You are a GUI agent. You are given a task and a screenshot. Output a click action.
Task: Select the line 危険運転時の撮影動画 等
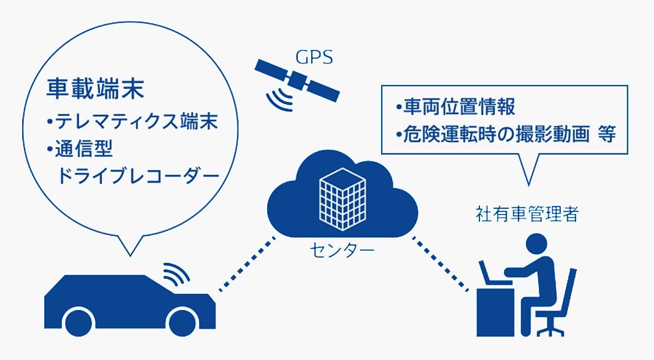[x=504, y=134]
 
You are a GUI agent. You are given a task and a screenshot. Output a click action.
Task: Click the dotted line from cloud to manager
[x=440, y=262]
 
